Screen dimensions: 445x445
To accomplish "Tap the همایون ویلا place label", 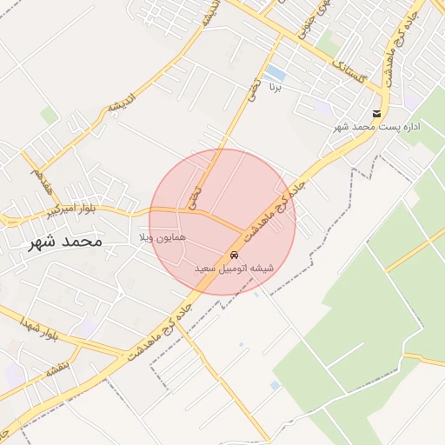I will [x=158, y=237].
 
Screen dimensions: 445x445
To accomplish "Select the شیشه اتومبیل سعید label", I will [x=234, y=269].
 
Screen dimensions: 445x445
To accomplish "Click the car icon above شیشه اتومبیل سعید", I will [x=234, y=255].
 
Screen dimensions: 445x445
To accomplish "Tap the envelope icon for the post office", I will [x=376, y=114].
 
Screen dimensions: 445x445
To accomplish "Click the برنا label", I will [x=276, y=87].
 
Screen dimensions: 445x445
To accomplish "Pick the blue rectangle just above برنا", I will [x=275, y=71].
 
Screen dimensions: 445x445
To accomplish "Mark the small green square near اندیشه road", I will [x=49, y=116].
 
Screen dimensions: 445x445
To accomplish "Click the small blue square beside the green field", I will [x=275, y=385].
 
